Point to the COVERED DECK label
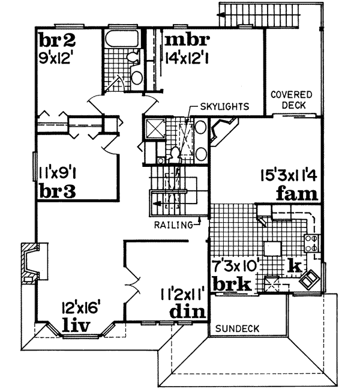click(291, 100)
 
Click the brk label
click(233, 284)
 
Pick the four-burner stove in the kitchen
click(312, 243)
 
